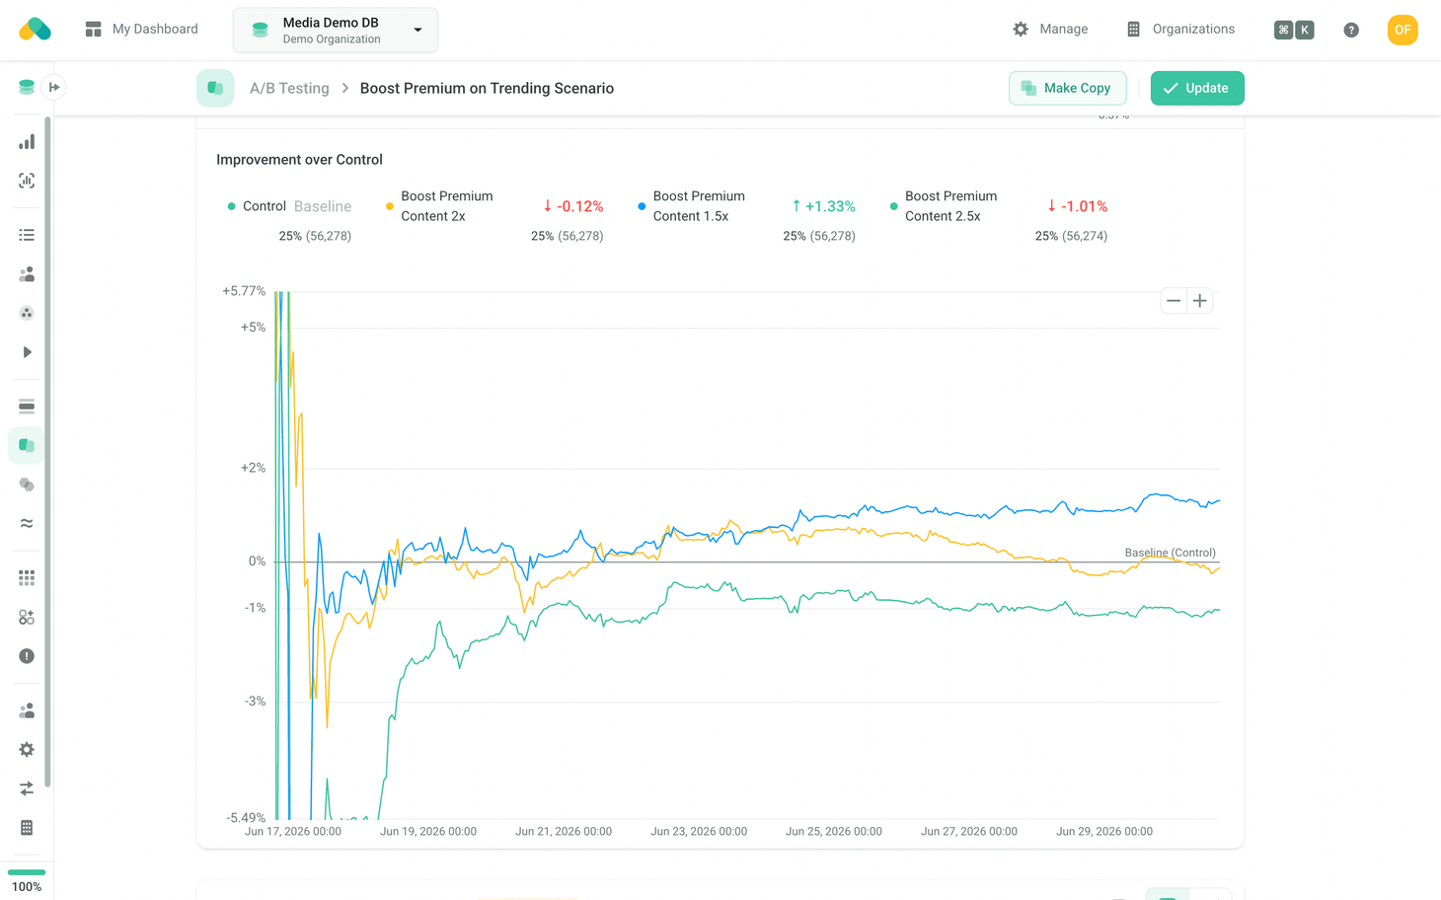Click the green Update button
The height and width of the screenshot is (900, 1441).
coord(1196,88)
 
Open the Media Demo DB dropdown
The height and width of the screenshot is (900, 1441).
coord(336,31)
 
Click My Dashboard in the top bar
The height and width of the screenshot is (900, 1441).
coord(141,29)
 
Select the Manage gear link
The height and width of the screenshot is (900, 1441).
coord(1050,29)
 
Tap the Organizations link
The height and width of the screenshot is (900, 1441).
coord(1180,29)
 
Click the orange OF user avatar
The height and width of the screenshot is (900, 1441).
coord(1403,30)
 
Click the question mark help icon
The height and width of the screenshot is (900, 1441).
coord(1351,30)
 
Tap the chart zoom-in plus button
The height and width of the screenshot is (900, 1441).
coord(1200,301)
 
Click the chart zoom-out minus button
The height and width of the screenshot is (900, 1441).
coord(1174,301)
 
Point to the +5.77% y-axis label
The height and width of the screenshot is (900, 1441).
coord(244,291)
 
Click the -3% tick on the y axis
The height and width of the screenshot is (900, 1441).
coord(256,702)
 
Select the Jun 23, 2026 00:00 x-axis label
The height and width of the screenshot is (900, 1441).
coord(699,831)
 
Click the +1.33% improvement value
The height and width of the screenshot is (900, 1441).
coord(823,206)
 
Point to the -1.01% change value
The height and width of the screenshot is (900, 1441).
coord(1078,206)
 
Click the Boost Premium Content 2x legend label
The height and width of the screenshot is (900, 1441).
coord(447,206)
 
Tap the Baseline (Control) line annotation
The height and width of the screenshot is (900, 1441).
coord(1171,553)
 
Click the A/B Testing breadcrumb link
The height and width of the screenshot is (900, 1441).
coord(289,88)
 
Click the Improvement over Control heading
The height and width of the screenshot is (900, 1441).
coord(299,160)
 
